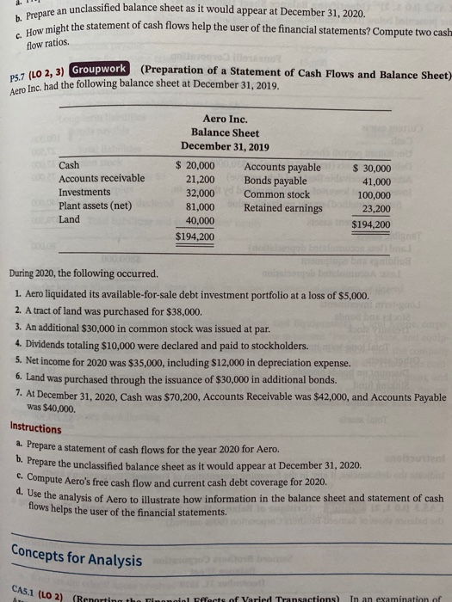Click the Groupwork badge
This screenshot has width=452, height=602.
(x=100, y=70)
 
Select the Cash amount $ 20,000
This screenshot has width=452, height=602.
(x=195, y=167)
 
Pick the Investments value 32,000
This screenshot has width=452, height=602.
(x=201, y=193)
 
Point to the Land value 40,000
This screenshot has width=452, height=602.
(x=201, y=220)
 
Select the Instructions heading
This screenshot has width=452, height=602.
(x=35, y=428)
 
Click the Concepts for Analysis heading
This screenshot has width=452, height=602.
(x=65, y=560)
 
